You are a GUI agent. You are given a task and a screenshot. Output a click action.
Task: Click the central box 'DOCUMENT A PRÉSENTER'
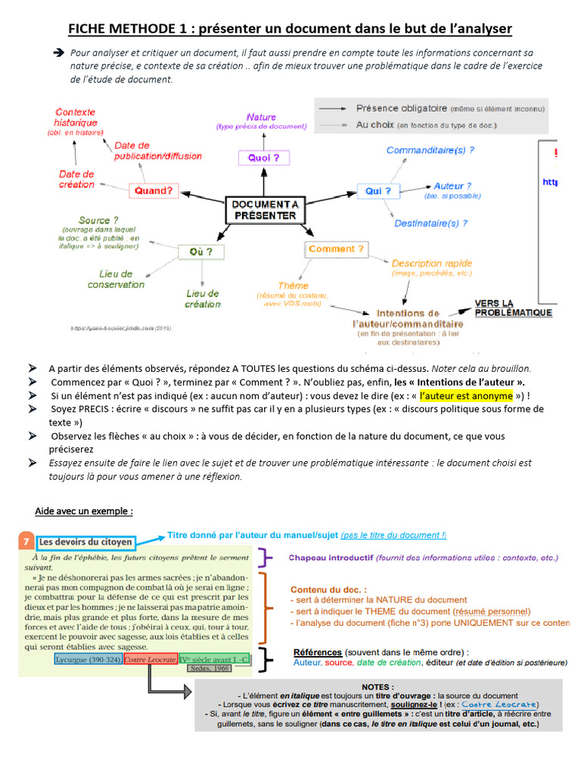tap(264, 210)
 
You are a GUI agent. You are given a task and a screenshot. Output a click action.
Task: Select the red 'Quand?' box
tap(154, 190)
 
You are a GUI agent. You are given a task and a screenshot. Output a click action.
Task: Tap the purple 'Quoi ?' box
tap(259, 158)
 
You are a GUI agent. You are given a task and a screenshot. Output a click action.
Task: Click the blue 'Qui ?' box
tap(377, 191)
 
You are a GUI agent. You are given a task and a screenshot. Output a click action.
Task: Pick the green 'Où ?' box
tap(195, 251)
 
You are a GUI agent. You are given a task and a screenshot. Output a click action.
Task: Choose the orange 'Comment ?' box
tap(336, 249)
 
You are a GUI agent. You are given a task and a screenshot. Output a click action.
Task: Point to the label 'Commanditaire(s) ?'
tap(430, 150)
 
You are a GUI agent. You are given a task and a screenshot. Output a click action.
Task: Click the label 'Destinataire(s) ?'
tap(430, 223)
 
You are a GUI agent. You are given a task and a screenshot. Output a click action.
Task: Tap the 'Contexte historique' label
tap(76, 117)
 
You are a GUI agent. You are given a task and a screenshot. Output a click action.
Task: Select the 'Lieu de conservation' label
tap(116, 279)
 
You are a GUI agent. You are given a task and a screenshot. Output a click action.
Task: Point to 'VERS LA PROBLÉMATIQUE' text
tap(513, 308)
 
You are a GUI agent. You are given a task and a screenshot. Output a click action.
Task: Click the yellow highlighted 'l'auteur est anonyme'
tap(466, 395)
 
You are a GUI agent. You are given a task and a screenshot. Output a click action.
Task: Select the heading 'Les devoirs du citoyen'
tap(85, 541)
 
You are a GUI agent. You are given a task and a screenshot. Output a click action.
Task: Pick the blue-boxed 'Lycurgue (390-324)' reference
tap(88, 659)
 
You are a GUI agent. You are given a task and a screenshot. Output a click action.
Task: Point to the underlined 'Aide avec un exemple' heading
tap(84, 511)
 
